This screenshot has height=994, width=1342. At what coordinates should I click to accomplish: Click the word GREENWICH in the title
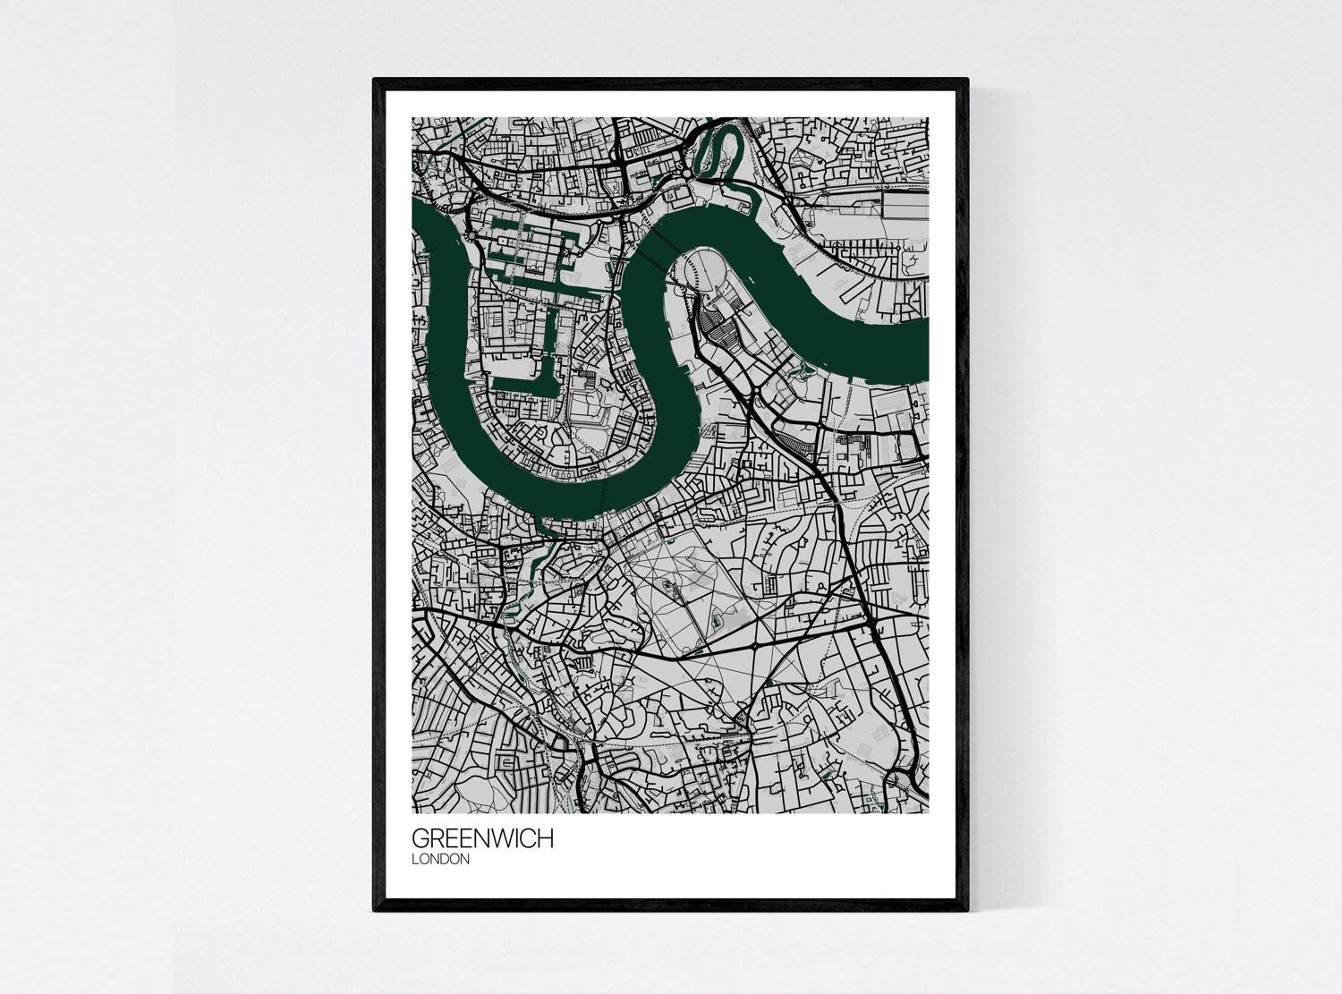(482, 839)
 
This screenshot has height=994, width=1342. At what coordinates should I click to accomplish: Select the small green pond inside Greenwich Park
(717, 616)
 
